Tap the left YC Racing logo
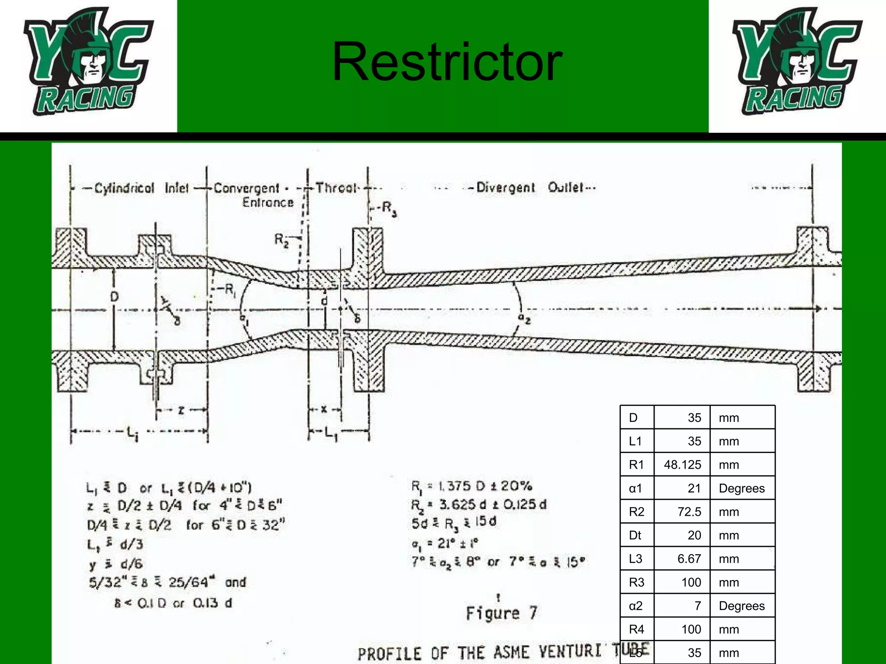tap(88, 62)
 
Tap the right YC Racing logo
tap(797, 62)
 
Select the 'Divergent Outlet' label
tap(536, 188)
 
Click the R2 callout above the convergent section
tap(282, 239)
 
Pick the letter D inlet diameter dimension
tap(114, 297)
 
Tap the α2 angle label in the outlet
tap(524, 319)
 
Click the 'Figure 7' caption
tap(502, 613)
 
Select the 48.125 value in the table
tap(682, 465)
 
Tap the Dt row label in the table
tap(635, 535)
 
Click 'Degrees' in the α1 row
tap(742, 488)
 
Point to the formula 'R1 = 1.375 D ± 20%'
tap(472, 486)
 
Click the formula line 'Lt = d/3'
tap(115, 544)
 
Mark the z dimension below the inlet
tap(181, 410)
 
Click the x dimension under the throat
tap(324, 409)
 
